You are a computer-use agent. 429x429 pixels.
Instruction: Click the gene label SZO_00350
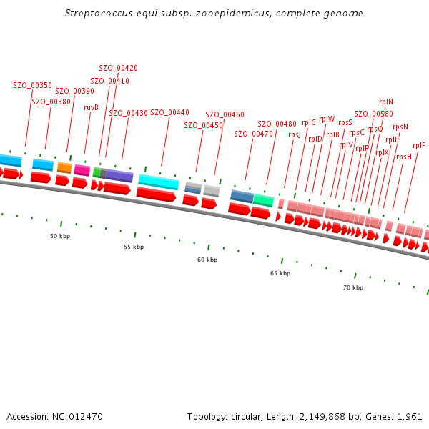point(32,85)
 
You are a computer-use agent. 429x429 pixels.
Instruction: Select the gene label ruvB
point(91,107)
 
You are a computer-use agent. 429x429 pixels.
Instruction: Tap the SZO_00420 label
point(118,68)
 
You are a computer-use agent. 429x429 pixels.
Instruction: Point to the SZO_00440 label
point(169,112)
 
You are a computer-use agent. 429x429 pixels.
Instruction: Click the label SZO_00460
point(225,114)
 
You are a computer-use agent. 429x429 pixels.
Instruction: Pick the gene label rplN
point(386,102)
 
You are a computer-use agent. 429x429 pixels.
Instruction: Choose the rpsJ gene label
point(295,134)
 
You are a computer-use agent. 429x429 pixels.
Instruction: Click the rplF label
point(419,145)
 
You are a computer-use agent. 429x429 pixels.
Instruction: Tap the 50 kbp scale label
point(60,235)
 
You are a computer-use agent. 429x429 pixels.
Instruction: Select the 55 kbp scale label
point(134,247)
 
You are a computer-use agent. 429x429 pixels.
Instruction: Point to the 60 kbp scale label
point(207,260)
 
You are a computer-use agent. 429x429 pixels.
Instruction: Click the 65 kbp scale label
point(280,273)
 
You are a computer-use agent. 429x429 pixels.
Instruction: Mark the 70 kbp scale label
point(353,287)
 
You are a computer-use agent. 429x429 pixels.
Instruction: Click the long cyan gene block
point(158,182)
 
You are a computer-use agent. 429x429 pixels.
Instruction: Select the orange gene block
point(64,168)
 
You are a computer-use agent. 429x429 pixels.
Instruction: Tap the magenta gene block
point(82,170)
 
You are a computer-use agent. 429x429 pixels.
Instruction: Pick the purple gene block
point(119,176)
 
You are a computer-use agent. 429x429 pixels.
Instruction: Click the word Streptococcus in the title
point(97,14)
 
